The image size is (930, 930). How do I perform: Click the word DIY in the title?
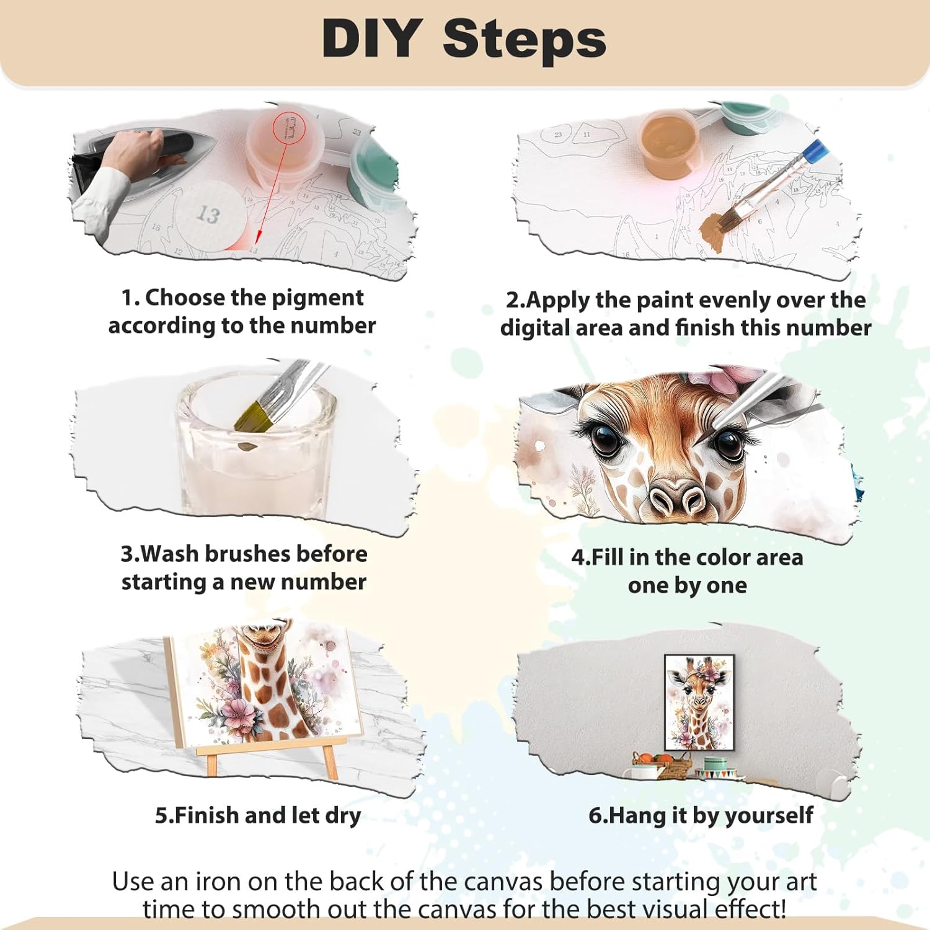click(x=372, y=38)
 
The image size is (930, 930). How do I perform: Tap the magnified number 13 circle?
click(x=208, y=214)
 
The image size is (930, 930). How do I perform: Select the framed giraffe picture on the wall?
click(x=699, y=702)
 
